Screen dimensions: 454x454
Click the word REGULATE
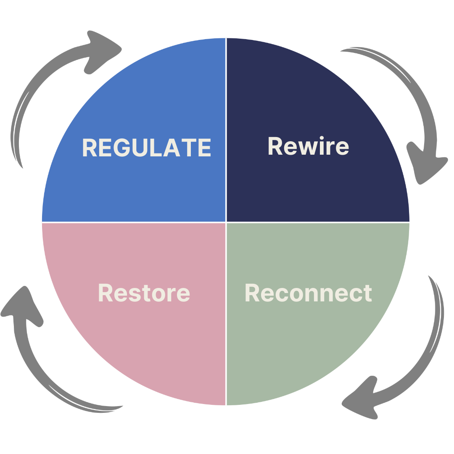(146, 148)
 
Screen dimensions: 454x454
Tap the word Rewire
(308, 146)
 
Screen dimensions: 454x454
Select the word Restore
(144, 293)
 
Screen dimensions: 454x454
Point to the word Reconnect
(308, 293)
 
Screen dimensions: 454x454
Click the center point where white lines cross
(226, 222)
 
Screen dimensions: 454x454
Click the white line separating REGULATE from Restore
(135, 222)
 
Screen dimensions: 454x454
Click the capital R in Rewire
(276, 146)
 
